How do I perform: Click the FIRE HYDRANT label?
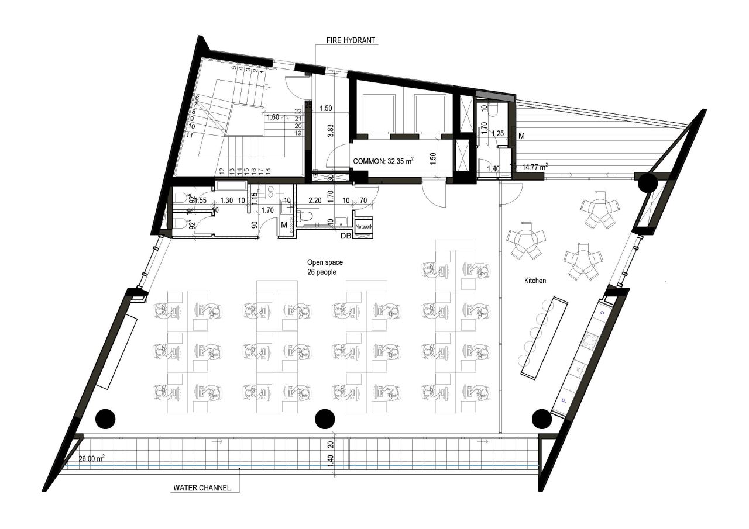pos(351,41)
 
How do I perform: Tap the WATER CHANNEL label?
pos(202,487)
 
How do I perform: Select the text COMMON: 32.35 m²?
pos(383,161)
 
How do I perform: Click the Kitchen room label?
pos(535,281)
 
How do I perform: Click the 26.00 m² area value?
pos(92,459)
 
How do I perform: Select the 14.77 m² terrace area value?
pos(534,166)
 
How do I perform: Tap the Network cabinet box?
pos(363,226)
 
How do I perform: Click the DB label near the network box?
pos(346,236)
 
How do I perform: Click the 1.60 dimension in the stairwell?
pos(273,117)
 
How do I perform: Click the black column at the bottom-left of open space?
pos(105,418)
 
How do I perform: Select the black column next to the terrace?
pos(647,183)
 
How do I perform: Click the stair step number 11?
pos(189,136)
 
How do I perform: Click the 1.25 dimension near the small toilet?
pos(497,133)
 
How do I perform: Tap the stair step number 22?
pos(298,111)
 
